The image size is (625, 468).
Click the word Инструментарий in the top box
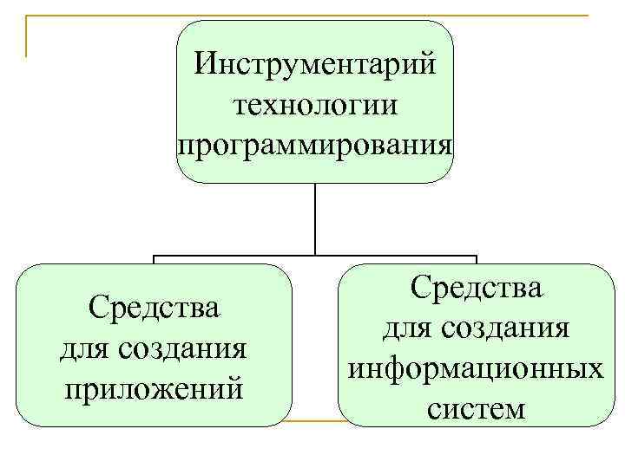point(315,66)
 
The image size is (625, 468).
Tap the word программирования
point(315,142)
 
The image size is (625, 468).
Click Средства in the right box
point(476,288)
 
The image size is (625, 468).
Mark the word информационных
point(476,368)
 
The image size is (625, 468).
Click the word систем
point(476,407)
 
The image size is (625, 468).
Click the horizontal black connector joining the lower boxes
point(315,256)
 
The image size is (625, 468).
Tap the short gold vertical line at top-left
point(26,36)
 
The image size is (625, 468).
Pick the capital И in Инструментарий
point(206,66)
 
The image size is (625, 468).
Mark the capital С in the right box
point(420,289)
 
